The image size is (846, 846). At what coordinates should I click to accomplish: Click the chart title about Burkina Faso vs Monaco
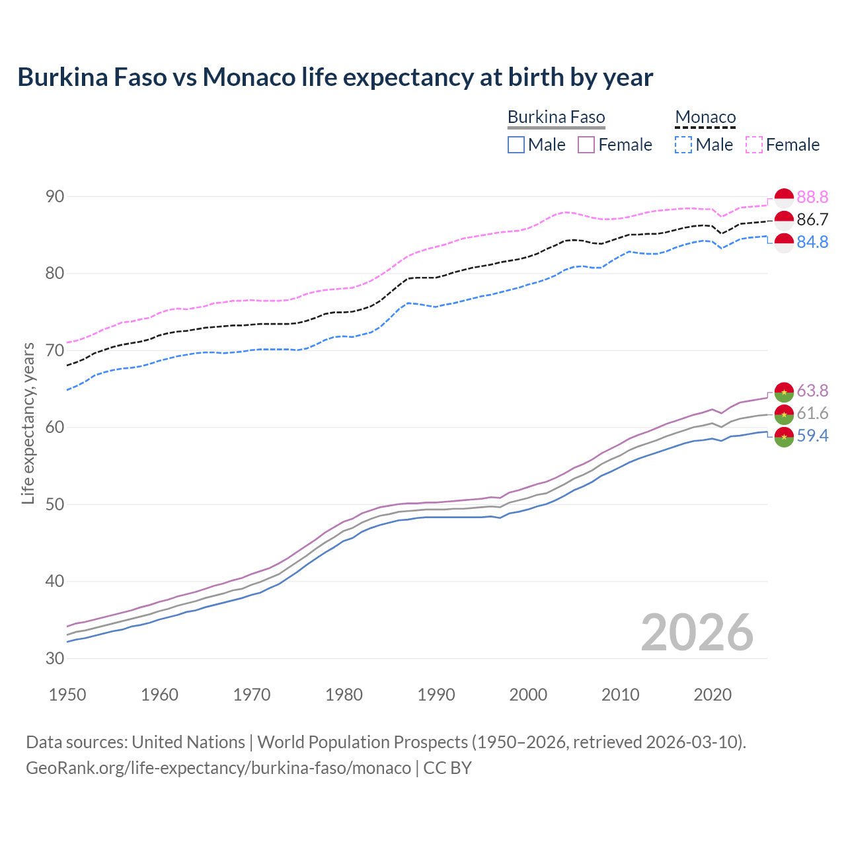(x=335, y=77)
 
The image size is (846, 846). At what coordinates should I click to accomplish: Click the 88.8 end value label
(x=812, y=197)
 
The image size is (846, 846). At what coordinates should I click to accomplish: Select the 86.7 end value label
(x=812, y=219)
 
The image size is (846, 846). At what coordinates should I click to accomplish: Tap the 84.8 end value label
(x=812, y=242)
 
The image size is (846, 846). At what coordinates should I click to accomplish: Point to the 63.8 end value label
(x=812, y=391)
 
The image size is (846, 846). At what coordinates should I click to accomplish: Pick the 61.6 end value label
(x=812, y=413)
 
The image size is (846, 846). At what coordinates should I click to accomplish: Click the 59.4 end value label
(x=812, y=436)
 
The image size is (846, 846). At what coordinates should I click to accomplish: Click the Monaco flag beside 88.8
(x=784, y=198)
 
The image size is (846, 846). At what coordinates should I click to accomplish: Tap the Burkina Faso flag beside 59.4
(x=784, y=436)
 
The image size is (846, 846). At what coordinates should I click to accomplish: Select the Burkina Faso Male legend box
(x=516, y=145)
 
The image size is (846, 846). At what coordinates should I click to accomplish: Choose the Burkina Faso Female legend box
(x=586, y=145)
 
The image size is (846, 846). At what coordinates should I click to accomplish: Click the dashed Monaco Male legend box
(x=683, y=145)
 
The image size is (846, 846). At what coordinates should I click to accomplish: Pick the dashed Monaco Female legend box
(x=754, y=145)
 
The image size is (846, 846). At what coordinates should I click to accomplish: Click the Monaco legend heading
(x=705, y=118)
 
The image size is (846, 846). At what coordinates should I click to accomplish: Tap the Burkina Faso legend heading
(x=556, y=118)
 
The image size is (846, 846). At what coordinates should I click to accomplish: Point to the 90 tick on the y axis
(x=55, y=196)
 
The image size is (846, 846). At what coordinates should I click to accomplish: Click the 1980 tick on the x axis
(x=344, y=695)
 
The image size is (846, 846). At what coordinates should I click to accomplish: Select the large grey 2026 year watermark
(x=697, y=633)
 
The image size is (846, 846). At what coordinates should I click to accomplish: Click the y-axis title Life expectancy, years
(x=28, y=423)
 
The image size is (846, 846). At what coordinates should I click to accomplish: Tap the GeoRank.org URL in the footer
(x=218, y=768)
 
